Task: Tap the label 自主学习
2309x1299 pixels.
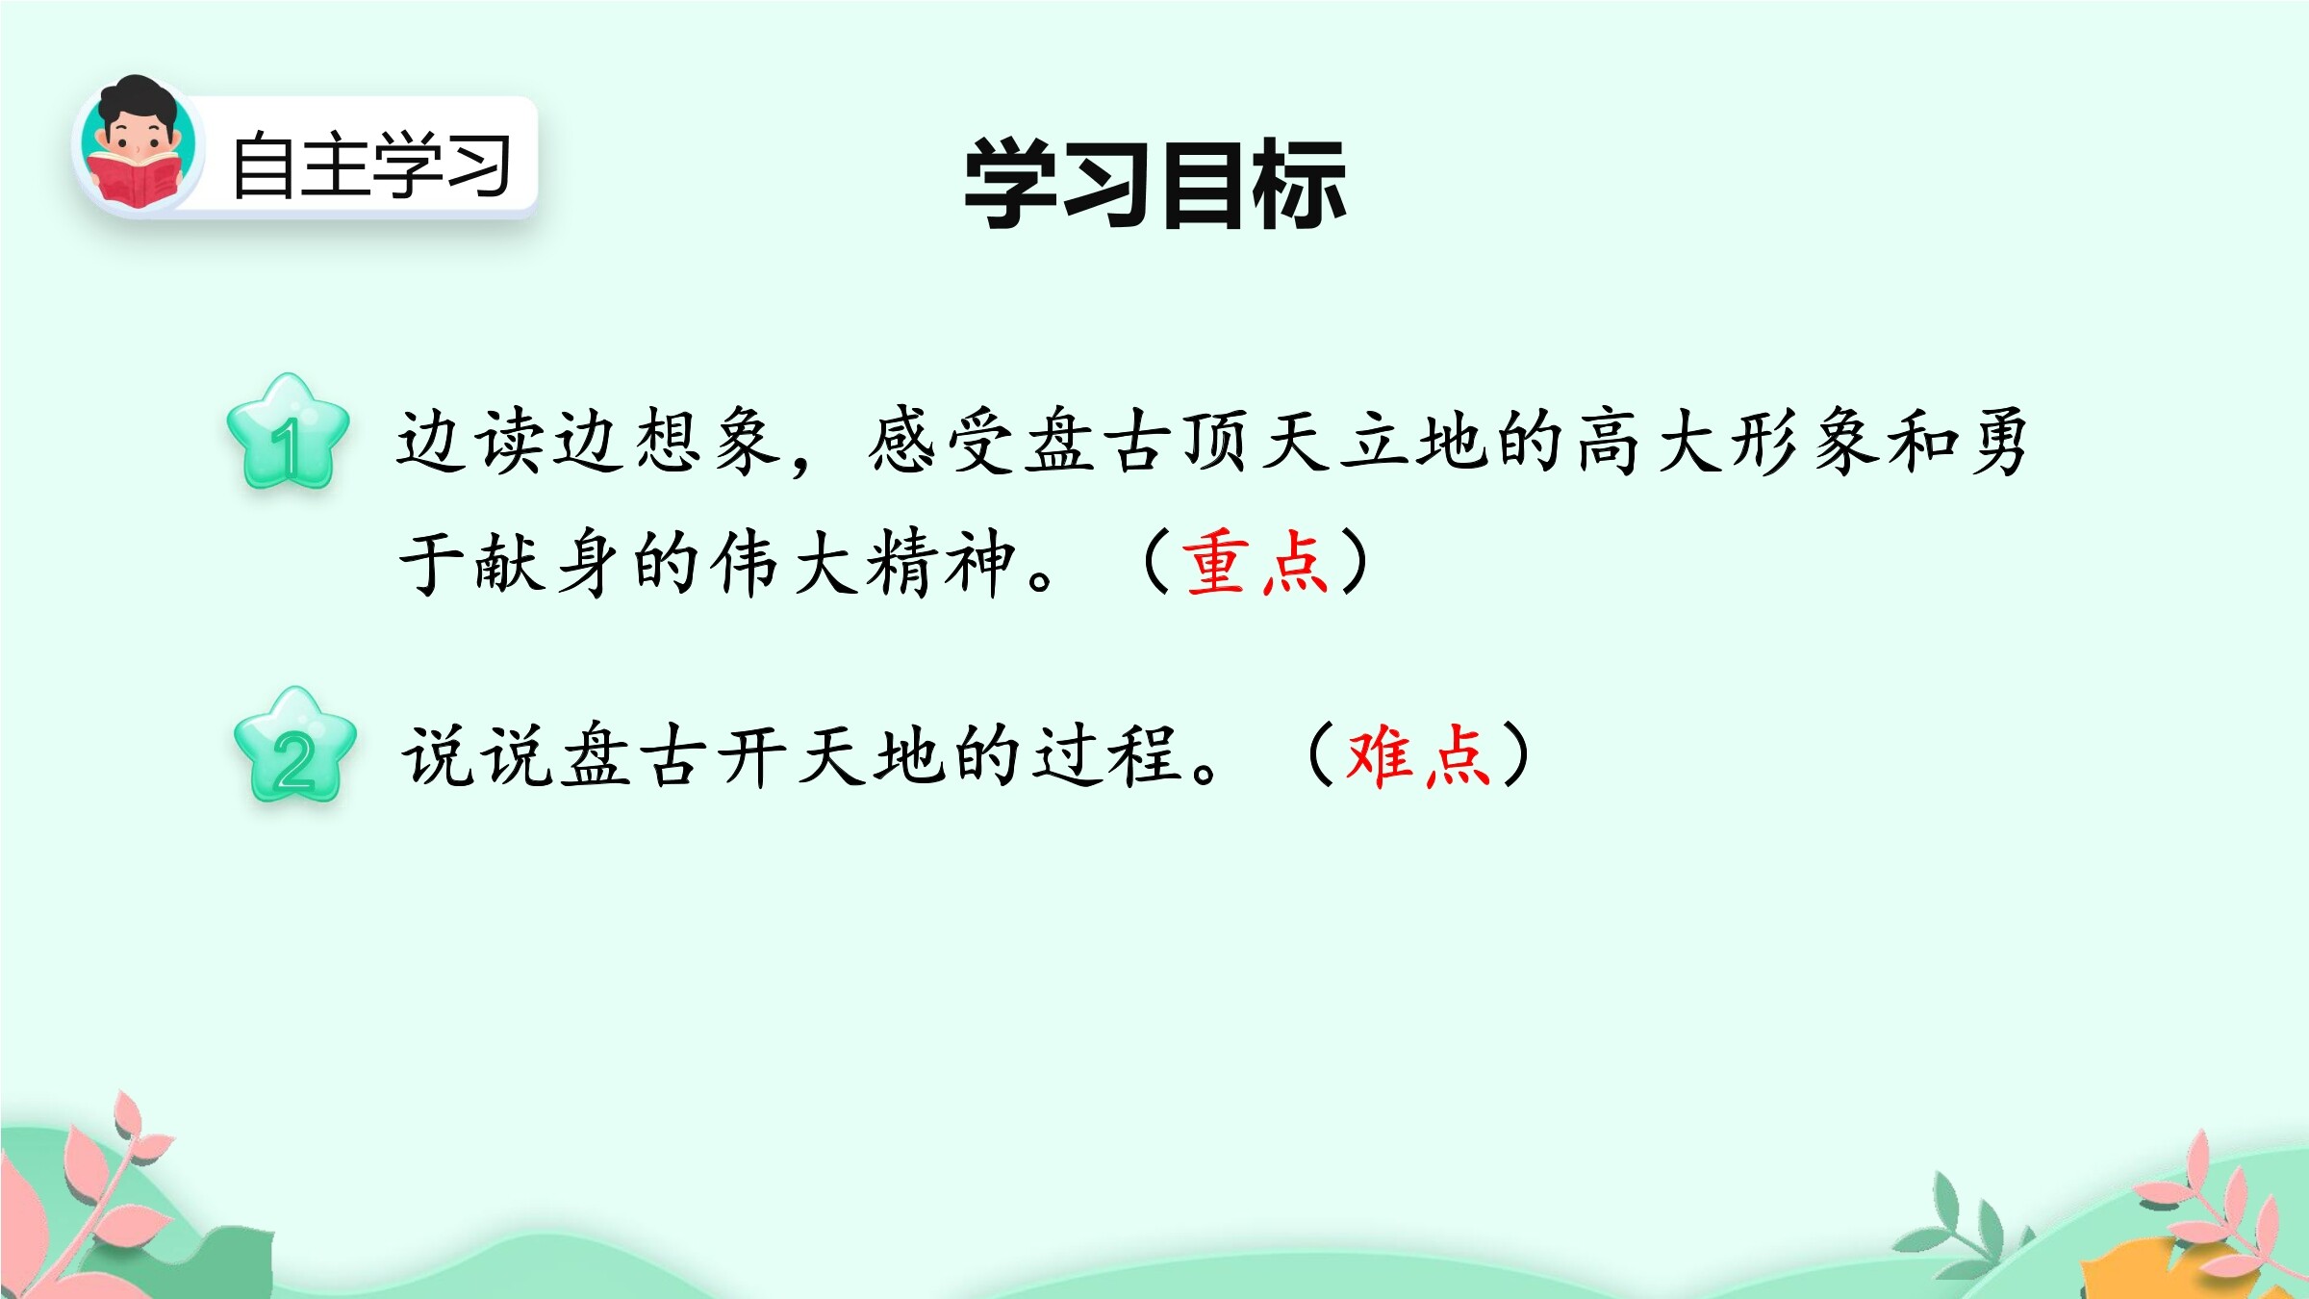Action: point(371,166)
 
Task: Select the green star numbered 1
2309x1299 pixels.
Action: point(288,432)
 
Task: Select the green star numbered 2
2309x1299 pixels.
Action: point(295,745)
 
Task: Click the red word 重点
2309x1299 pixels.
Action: point(1256,562)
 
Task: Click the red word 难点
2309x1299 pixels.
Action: point(1418,755)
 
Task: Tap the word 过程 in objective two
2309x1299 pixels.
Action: point(1107,755)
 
